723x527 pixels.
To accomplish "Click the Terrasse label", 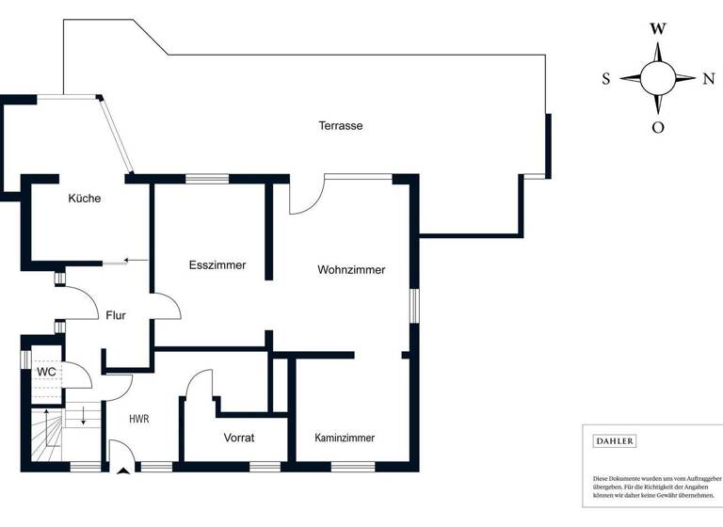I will (x=340, y=125).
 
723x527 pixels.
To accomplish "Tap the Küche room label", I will (x=84, y=199).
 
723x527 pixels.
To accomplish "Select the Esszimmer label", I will (x=217, y=265).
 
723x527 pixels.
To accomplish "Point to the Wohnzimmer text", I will (x=351, y=270).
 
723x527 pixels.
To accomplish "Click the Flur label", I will (x=116, y=316).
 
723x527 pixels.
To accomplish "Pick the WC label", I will (x=46, y=372).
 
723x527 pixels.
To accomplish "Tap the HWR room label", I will (x=139, y=418).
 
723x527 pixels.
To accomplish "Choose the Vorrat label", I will (x=240, y=438).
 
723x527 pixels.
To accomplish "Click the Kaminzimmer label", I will (x=345, y=438).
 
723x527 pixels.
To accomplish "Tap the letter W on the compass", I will (x=658, y=28).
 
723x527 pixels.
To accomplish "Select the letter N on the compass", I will (x=708, y=79).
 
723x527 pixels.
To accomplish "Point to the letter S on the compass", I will (x=606, y=79).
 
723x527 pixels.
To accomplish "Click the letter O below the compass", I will (x=658, y=127).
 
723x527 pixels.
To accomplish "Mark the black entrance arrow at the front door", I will (x=121, y=472).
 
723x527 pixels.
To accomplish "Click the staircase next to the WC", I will (x=46, y=436).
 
